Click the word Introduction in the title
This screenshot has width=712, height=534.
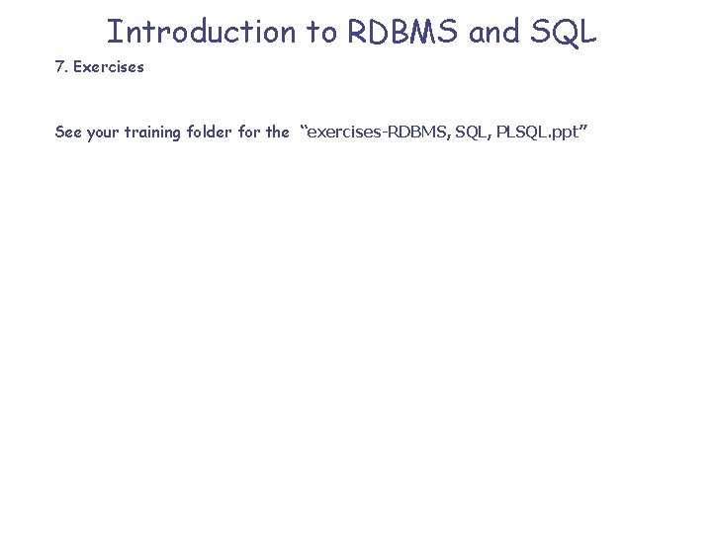[202, 32]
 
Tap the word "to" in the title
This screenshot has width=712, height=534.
[321, 32]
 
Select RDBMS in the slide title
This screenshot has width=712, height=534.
[403, 32]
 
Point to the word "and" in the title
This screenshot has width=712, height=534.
[493, 32]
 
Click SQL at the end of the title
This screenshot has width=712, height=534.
[564, 32]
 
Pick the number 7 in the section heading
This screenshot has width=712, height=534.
[59, 67]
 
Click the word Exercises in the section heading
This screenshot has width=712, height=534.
[109, 67]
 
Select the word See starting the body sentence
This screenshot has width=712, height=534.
[68, 132]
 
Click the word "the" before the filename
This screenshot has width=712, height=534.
[279, 132]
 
